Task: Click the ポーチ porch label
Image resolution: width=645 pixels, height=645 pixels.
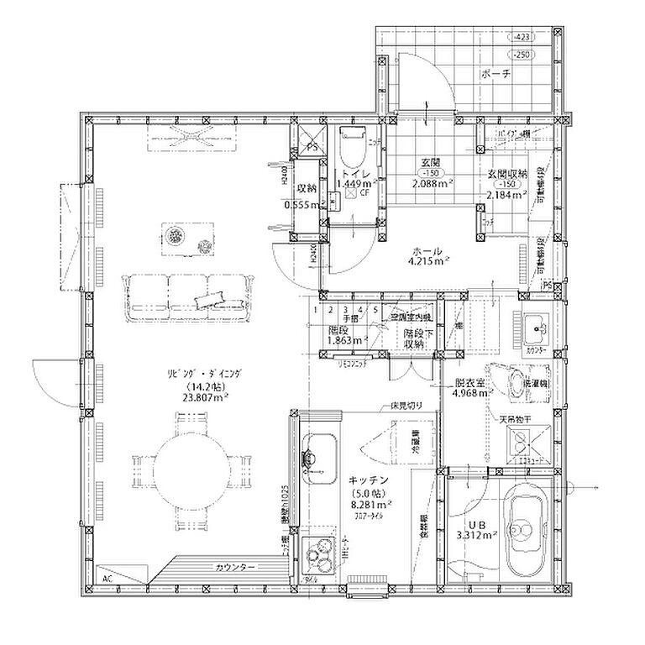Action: click(496, 75)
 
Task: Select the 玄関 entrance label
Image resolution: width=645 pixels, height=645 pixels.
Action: click(430, 162)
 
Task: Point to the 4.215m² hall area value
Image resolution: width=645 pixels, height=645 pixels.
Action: click(427, 261)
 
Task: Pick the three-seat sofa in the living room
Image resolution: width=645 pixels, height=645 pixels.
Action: click(189, 296)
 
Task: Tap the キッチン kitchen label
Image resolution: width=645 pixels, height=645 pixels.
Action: click(367, 480)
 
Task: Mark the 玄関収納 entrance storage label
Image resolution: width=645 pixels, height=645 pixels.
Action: click(506, 174)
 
